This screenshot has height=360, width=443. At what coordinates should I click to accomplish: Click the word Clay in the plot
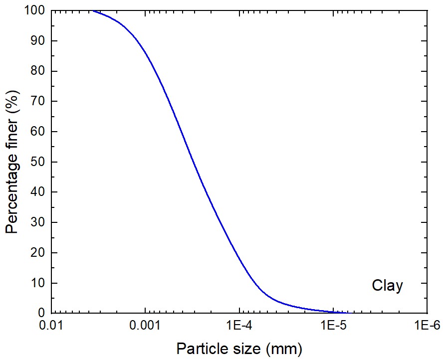coord(387,286)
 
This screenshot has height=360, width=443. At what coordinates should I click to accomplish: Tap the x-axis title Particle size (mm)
coord(239,348)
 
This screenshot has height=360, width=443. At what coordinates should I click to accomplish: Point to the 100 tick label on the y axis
coord(35,10)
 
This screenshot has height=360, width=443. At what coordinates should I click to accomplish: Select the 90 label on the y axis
coord(38,41)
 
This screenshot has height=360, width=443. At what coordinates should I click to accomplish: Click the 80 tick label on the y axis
coord(38,71)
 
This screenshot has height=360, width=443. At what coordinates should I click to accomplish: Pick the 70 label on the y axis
coord(38,101)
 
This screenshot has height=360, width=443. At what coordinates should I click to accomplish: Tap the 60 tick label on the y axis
coord(38,132)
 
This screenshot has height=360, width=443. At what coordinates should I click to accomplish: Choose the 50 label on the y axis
coord(38,162)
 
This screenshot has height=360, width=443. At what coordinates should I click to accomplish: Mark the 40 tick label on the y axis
coord(38,192)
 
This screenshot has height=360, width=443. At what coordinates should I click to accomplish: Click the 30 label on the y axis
coord(38,222)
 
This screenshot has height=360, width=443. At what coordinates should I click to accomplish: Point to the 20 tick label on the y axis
coord(38,253)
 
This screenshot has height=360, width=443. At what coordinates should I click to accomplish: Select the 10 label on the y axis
coord(38,283)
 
